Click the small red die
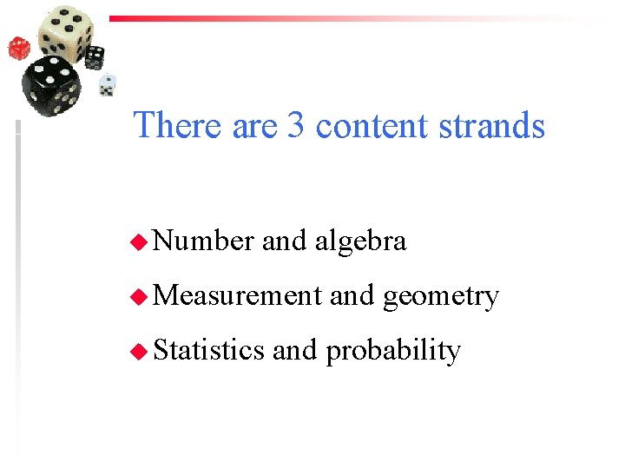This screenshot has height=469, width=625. [x=19, y=48]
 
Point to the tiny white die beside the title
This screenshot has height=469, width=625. [x=108, y=84]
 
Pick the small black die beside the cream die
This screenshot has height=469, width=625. [x=94, y=56]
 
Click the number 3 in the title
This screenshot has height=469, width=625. [x=295, y=125]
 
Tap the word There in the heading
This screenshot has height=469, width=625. [x=178, y=125]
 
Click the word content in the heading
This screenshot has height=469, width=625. [x=372, y=125]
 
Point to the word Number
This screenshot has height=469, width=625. [x=203, y=240]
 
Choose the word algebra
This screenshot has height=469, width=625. [x=360, y=241]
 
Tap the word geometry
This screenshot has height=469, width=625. [x=441, y=297]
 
